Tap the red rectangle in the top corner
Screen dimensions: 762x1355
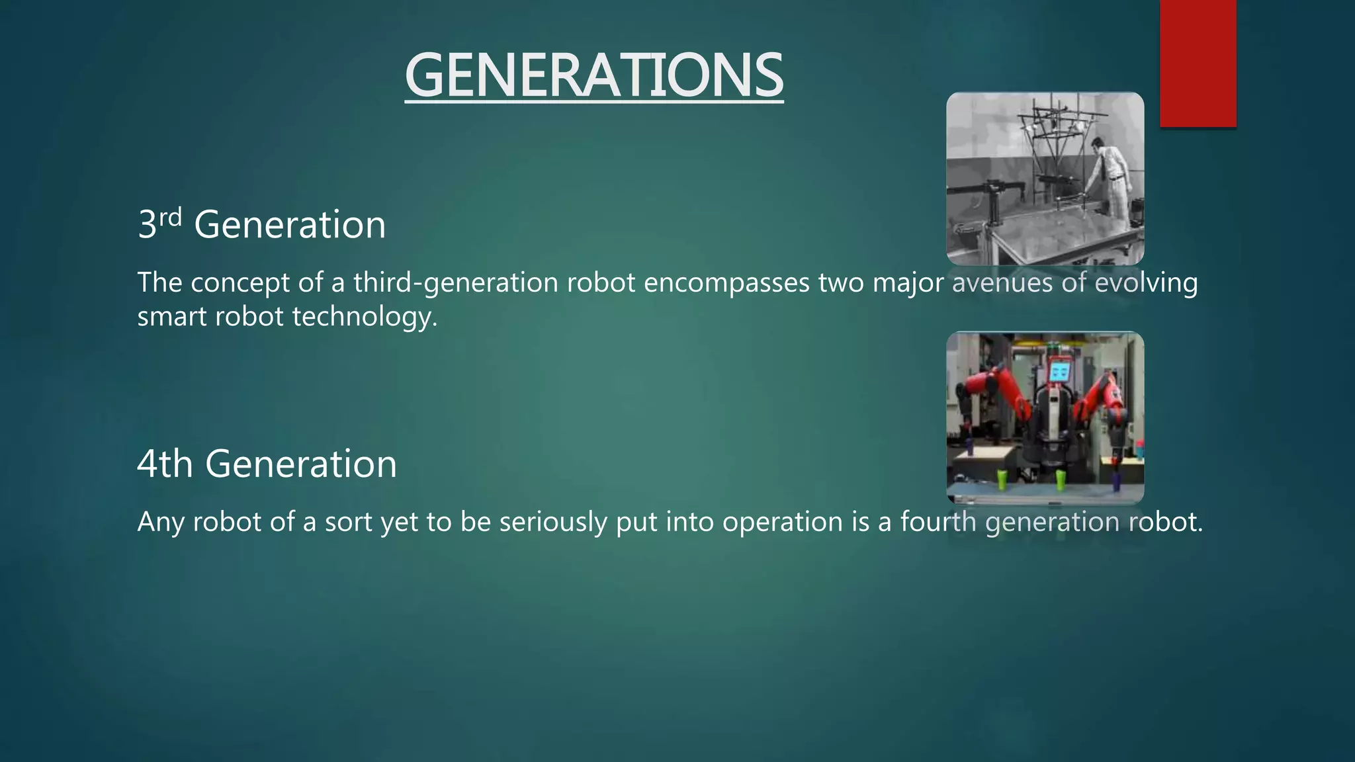tap(1198, 63)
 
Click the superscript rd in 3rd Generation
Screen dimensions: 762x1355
tap(170, 217)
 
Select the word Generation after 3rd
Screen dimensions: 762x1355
tap(290, 225)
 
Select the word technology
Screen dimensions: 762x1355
tap(365, 317)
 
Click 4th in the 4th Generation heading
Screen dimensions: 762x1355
tap(165, 464)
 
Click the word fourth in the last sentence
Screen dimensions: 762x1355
tap(938, 523)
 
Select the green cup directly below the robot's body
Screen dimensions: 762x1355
tap(1061, 480)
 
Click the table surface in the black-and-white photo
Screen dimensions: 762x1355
tap(1059, 232)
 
